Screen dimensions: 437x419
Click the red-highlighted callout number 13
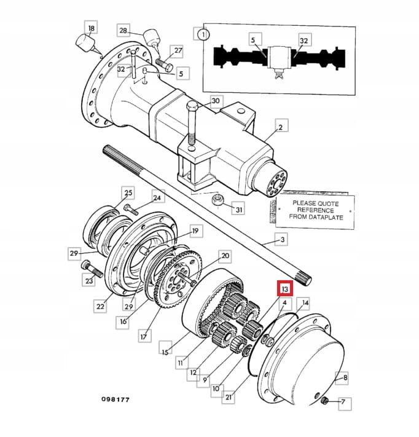(284, 289)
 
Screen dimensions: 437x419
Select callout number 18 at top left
(91, 28)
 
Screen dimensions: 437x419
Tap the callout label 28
(123, 31)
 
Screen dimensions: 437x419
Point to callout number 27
(178, 50)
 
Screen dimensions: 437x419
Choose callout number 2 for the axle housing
(280, 127)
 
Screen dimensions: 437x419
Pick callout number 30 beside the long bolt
(215, 100)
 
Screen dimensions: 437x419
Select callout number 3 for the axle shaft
(283, 239)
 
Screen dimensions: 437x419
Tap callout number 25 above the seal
(128, 192)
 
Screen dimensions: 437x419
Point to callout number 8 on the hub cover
(345, 378)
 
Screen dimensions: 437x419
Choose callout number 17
(144, 336)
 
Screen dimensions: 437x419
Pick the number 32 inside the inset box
(303, 41)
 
